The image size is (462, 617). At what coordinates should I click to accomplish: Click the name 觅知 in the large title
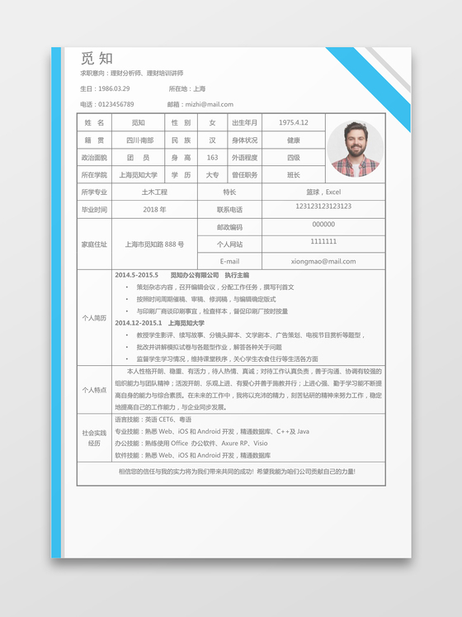(x=97, y=58)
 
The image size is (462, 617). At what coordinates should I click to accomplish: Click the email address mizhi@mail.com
(x=209, y=105)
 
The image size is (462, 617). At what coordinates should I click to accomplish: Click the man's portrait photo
(x=355, y=150)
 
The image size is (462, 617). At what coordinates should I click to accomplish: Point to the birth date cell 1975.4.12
(x=294, y=122)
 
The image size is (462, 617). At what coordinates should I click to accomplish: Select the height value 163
(x=212, y=158)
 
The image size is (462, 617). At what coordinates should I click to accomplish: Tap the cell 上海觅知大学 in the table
(x=138, y=175)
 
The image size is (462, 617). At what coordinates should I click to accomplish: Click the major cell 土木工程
(x=154, y=192)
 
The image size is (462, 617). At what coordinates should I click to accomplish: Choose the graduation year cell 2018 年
(x=154, y=210)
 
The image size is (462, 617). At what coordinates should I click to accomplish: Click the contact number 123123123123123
(x=323, y=206)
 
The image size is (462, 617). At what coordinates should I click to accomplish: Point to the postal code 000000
(x=323, y=225)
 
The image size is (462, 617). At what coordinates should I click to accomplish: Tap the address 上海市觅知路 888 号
(x=154, y=244)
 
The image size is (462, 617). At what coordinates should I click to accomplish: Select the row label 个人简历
(x=94, y=318)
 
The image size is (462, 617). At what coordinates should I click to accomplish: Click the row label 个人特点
(x=94, y=390)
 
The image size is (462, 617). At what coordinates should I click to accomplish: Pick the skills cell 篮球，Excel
(x=323, y=192)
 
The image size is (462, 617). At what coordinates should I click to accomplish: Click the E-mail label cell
(x=229, y=261)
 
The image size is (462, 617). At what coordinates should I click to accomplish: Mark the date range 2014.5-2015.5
(x=136, y=275)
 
